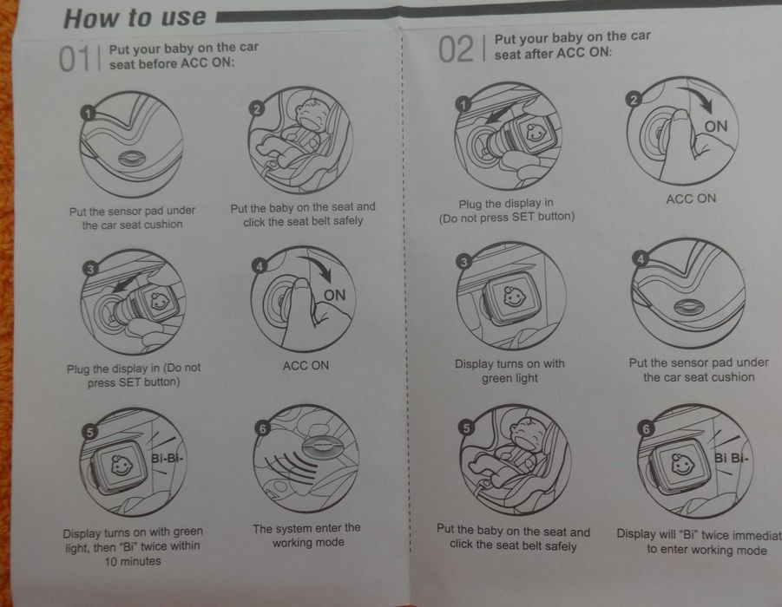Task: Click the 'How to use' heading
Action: (135, 18)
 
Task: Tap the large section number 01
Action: (75, 58)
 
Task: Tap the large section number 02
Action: (456, 49)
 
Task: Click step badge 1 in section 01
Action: (88, 114)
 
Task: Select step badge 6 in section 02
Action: (646, 428)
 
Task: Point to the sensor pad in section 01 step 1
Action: (132, 159)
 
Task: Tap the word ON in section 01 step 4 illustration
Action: (334, 295)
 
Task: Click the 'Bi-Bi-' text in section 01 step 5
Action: (167, 458)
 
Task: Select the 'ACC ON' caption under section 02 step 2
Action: (691, 199)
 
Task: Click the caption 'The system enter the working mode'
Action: (306, 535)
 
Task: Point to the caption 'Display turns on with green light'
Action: (509, 371)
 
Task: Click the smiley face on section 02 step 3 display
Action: (514, 297)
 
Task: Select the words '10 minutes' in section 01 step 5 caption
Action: (133, 561)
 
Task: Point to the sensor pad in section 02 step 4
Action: (689, 307)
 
